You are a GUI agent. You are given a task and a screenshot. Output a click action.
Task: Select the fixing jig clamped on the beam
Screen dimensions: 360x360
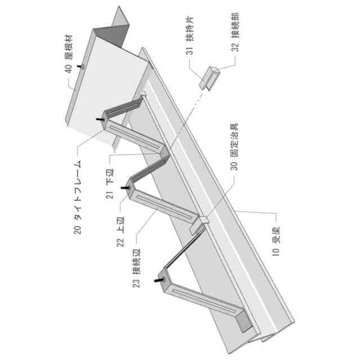coord(200,224)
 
